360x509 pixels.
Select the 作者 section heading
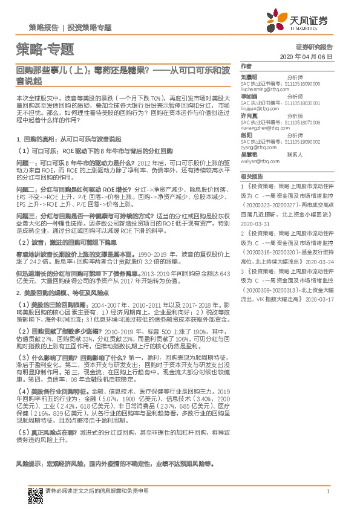[x=246, y=65]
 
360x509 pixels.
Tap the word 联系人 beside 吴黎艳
[x=294, y=155]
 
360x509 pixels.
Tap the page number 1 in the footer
[x=327, y=491]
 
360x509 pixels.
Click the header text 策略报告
[x=44, y=27]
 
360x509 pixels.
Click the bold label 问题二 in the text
[x=27, y=189]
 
